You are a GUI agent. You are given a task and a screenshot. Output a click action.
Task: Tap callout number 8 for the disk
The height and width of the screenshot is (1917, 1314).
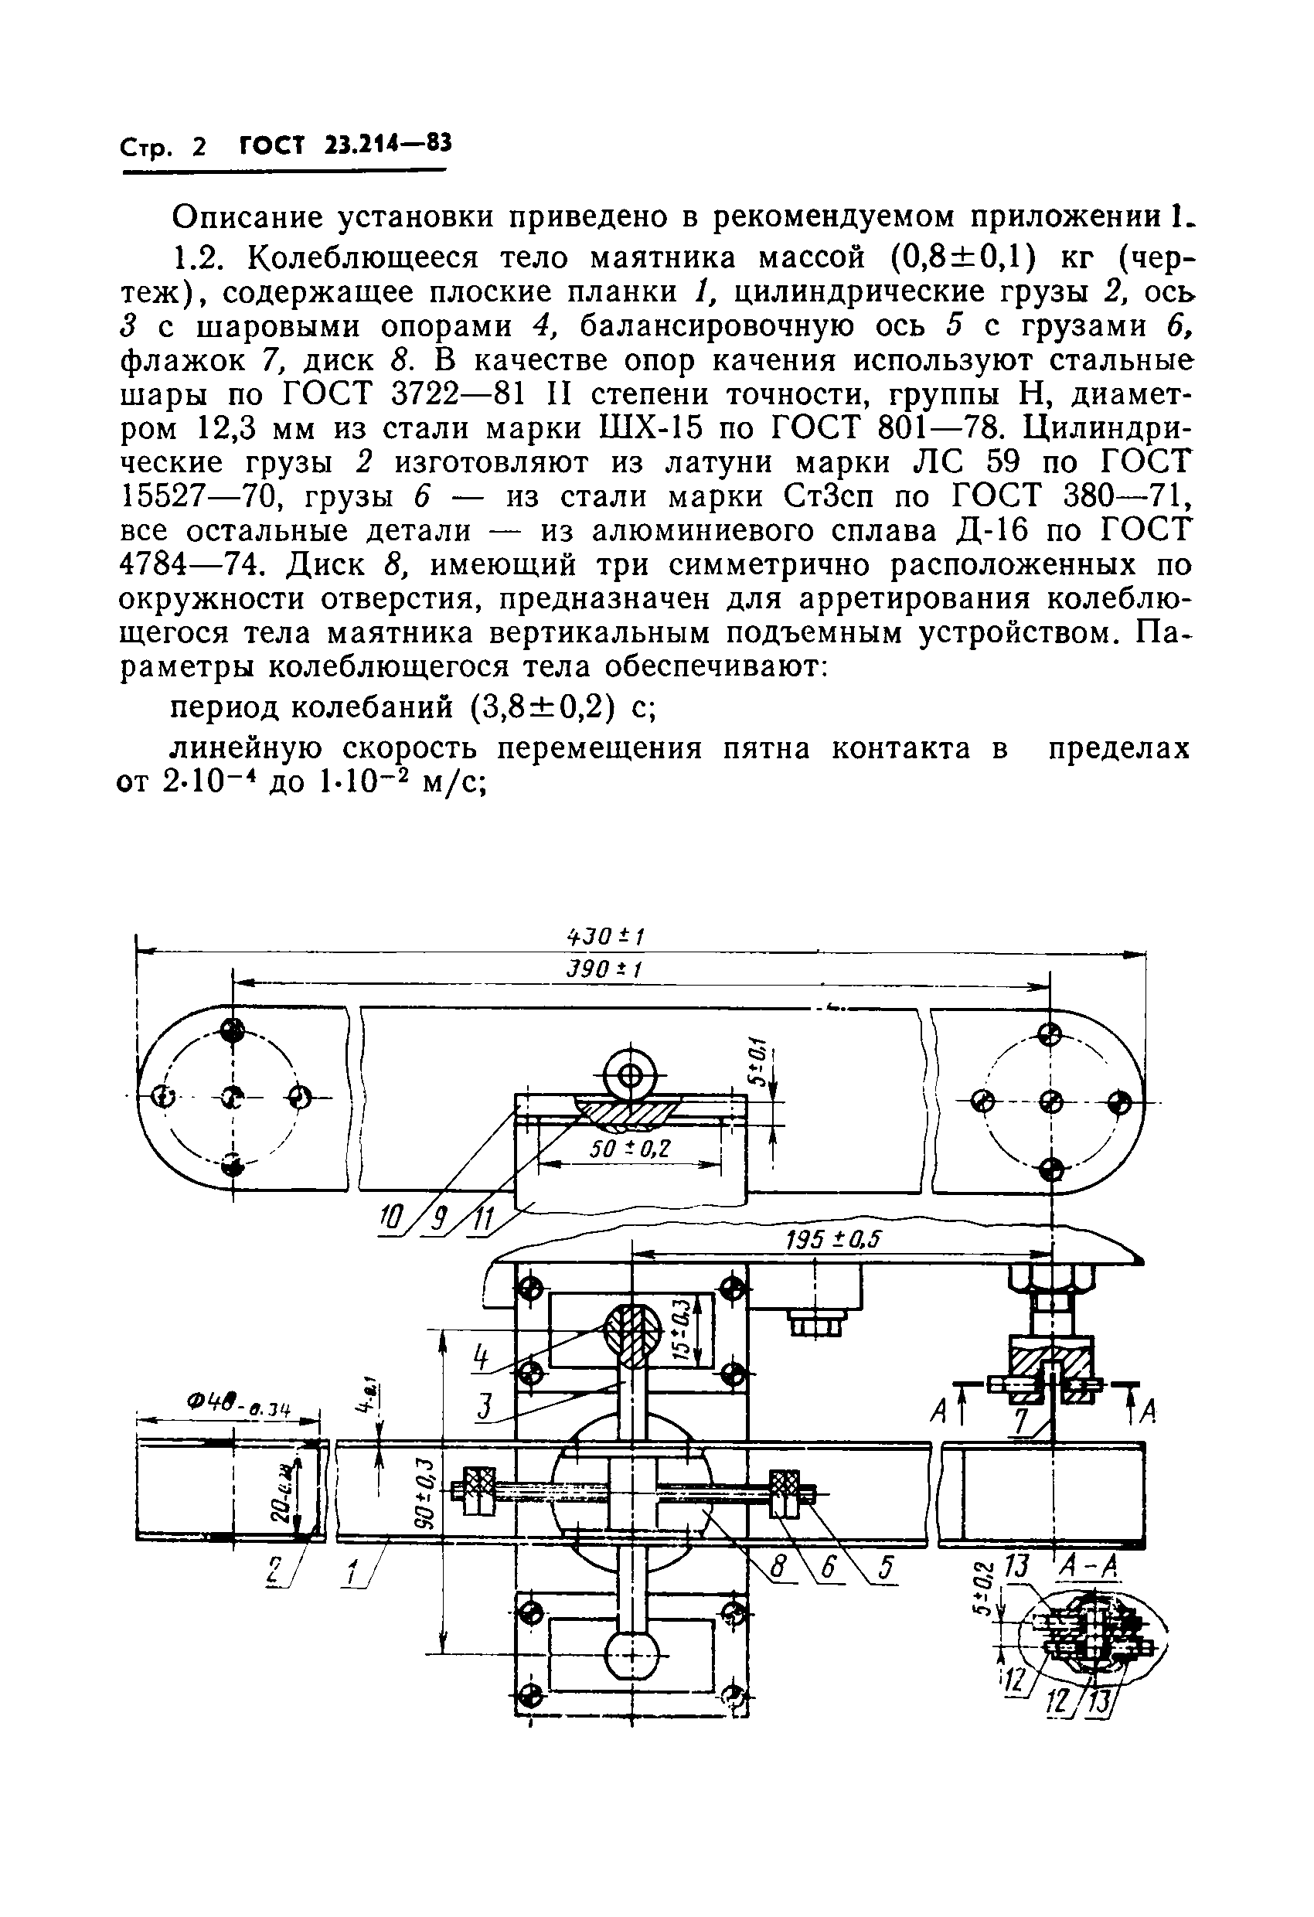tap(778, 1566)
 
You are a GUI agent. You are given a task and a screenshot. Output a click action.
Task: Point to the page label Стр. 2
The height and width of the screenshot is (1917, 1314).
tap(162, 147)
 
